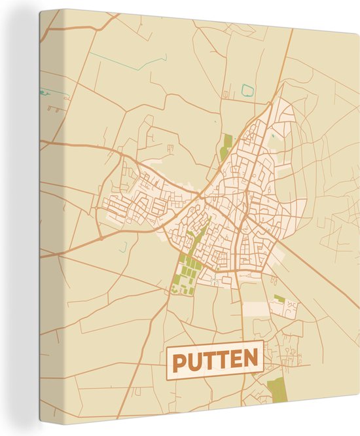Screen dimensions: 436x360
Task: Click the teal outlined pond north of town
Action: [x=247, y=90]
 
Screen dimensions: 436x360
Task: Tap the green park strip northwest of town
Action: [x=226, y=145]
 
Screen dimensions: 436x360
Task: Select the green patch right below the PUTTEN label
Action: [x=277, y=389]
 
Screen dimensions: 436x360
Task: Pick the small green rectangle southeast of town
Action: [x=279, y=299]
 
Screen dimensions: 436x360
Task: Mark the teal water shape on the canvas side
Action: [x=43, y=92]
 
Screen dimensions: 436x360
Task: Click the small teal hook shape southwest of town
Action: [x=124, y=246]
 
